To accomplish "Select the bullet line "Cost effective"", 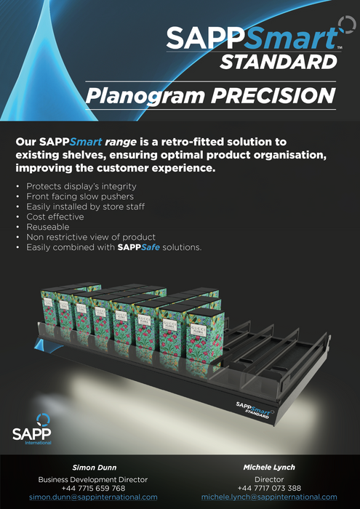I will point(55,217).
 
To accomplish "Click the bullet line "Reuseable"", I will point(49,227).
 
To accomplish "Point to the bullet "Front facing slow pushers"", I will point(80,196).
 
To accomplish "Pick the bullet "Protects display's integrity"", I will point(81,186).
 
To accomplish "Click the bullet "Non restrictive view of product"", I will point(91,237).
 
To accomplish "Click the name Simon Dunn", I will point(92,467).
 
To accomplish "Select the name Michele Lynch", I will point(269,467).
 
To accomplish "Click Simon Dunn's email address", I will point(93,497).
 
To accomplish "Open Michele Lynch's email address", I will point(269,497).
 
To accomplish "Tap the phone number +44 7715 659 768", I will point(93,488).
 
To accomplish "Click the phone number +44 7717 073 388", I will point(269,488).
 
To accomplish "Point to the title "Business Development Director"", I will point(93,479).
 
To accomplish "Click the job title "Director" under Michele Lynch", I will point(269,479).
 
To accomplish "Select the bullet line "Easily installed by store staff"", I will point(85,207).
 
